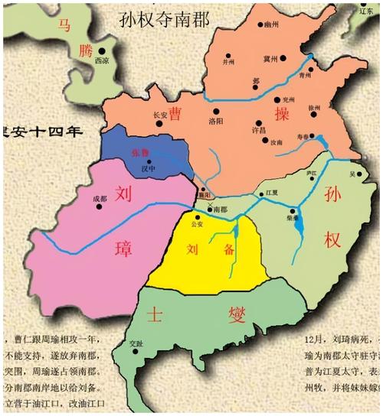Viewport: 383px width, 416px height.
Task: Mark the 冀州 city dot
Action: coord(282,58)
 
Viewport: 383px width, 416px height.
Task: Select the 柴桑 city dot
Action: coord(293,210)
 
